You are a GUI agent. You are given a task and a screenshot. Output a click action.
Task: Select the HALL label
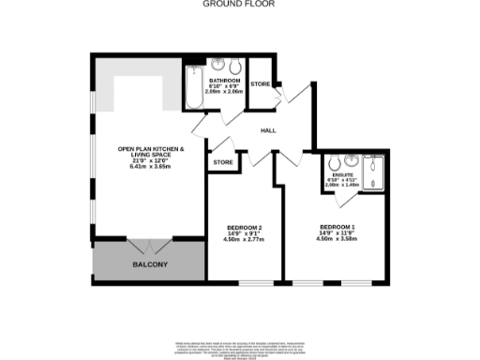coord(267,130)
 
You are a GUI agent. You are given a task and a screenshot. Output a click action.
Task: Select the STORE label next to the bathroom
coord(261,84)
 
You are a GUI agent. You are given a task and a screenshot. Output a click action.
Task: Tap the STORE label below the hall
coord(222,162)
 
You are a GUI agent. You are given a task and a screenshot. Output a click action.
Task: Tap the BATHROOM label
coord(224,81)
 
